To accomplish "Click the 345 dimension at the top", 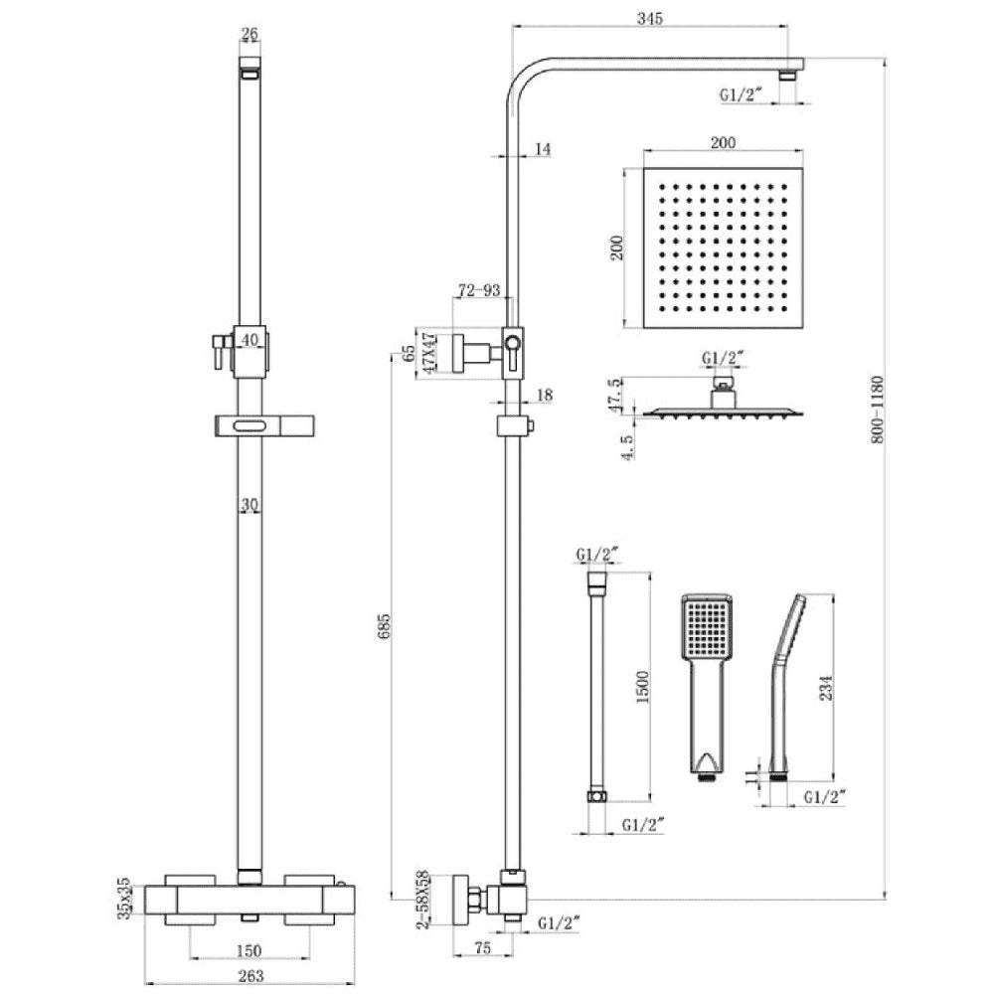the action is pyautogui.click(x=650, y=18).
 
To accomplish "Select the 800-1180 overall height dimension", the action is pyautogui.click(x=878, y=410).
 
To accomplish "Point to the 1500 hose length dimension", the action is pyautogui.click(x=643, y=687).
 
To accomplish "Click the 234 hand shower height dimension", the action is pyautogui.click(x=826, y=688).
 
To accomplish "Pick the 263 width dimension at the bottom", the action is pyautogui.click(x=250, y=976).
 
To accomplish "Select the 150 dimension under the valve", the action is pyautogui.click(x=248, y=950).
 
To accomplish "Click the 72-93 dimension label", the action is pyautogui.click(x=479, y=290).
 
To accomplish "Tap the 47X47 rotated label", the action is pyautogui.click(x=429, y=353).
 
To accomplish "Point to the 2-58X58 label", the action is pyautogui.click(x=422, y=900).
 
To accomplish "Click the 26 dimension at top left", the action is pyautogui.click(x=249, y=34).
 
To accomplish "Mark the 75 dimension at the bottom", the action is pyautogui.click(x=482, y=948).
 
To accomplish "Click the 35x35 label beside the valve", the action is pyautogui.click(x=124, y=898).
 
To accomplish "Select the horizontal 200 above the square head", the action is pyautogui.click(x=723, y=142).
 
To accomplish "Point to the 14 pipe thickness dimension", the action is pyautogui.click(x=544, y=149).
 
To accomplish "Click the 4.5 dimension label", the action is pyautogui.click(x=627, y=447).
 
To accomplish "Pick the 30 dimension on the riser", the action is pyautogui.click(x=249, y=505).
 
